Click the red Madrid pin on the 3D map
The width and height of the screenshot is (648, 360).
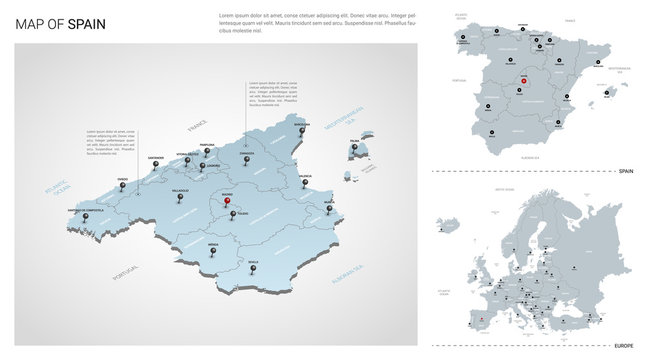228,199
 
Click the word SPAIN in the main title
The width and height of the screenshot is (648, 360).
88,23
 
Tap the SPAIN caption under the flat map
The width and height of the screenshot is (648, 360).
626,171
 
